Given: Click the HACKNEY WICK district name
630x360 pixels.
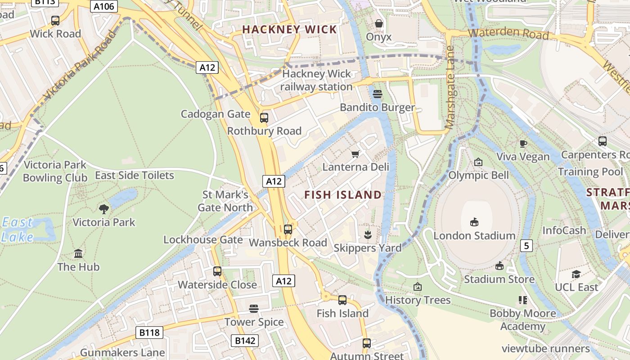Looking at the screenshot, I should tap(289, 30).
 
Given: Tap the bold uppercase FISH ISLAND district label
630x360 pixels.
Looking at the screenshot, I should tap(343, 195).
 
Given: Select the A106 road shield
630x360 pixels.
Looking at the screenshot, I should tap(104, 6).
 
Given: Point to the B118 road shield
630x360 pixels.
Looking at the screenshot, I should tap(149, 333).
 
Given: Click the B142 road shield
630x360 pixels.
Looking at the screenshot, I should tap(245, 341).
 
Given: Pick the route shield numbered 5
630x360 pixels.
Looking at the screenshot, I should tap(526, 246).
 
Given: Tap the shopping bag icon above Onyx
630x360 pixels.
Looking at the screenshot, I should tap(379, 23).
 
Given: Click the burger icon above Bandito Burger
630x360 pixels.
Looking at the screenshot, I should tap(378, 94).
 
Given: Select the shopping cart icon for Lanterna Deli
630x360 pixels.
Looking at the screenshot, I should tap(355, 154).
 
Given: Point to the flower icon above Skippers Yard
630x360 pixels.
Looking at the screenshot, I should tap(368, 234).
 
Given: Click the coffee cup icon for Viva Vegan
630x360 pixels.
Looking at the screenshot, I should tap(523, 144).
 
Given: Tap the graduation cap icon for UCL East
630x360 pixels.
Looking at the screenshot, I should tap(576, 274).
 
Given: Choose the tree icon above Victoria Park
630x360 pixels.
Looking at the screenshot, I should tap(104, 209).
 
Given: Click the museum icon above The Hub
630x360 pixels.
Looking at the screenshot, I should tap(78, 253).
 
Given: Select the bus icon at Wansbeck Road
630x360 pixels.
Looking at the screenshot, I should tap(288, 229).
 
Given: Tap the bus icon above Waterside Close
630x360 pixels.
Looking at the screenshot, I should tap(217, 271).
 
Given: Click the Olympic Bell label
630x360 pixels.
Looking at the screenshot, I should tap(479, 175).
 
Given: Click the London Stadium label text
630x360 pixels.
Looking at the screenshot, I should tap(474, 235).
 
